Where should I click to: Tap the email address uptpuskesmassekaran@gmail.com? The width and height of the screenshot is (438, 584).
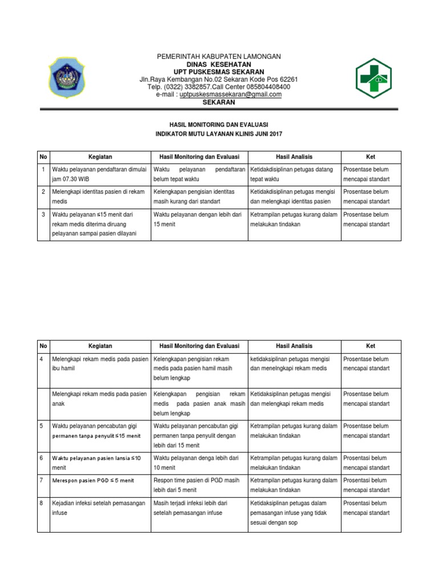[x=230, y=95]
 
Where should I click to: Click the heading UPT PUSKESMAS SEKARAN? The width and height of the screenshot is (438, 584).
[x=219, y=71]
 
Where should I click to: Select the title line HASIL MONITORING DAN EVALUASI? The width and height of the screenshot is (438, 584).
[x=219, y=124]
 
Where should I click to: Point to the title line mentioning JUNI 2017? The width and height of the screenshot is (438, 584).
[x=219, y=133]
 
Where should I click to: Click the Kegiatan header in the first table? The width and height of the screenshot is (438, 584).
[x=100, y=157]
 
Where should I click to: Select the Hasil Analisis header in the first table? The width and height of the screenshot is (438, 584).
[x=294, y=157]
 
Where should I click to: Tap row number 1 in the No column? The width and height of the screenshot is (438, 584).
[x=43, y=169]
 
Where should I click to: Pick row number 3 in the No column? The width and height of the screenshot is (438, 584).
[x=43, y=215]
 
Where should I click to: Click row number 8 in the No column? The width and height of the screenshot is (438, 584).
[x=42, y=503]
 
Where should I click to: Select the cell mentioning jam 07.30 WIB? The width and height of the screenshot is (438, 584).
[x=100, y=174]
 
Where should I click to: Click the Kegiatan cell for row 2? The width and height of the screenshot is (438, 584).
[x=100, y=197]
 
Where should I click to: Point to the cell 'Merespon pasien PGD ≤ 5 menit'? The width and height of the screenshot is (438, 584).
[x=93, y=480]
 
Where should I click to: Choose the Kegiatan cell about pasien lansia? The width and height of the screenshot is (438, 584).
[x=97, y=462]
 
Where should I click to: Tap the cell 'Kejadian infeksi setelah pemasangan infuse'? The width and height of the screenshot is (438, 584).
[x=100, y=508]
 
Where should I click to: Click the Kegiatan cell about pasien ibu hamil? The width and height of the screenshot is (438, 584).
[x=100, y=364]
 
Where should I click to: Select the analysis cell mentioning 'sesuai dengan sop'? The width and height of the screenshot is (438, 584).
[x=294, y=512]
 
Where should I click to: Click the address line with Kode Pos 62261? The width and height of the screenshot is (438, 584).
[x=219, y=79]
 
